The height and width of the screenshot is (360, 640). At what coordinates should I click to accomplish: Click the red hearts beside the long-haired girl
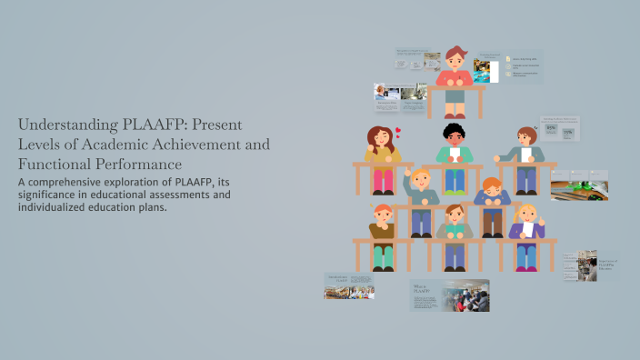tap(397, 132)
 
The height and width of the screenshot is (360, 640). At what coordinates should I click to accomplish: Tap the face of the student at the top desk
tap(455, 65)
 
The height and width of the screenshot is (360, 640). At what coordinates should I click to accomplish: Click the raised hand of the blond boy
tap(407, 172)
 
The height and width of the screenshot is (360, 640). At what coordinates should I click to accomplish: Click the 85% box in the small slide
tap(552, 128)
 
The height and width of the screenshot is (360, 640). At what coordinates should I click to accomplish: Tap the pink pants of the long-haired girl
tap(383, 179)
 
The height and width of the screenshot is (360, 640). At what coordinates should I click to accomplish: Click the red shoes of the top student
tap(455, 115)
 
